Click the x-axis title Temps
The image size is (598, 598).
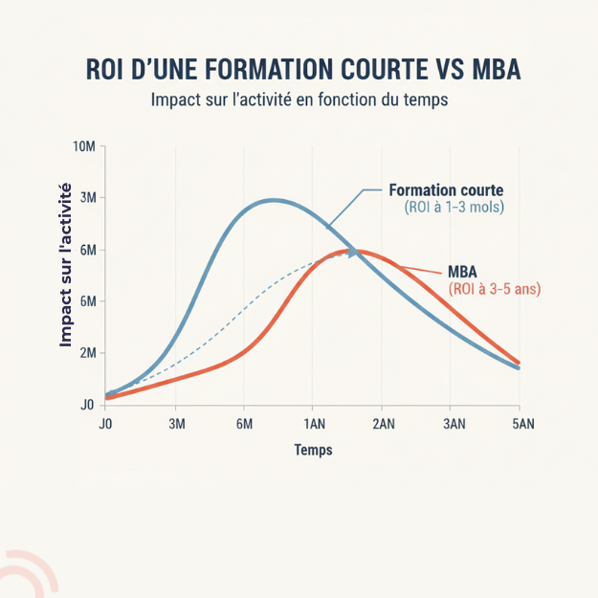313,450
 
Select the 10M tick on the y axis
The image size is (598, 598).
84,146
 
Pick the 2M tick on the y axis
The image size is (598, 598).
86,353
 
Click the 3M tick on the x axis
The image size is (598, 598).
177,424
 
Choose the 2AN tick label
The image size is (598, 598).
383,424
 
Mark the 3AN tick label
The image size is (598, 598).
453,424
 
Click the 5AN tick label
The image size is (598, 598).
521,424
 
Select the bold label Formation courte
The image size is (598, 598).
447,189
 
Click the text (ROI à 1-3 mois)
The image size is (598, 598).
454,207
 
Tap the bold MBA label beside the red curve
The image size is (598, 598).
464,271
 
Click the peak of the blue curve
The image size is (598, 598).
275,200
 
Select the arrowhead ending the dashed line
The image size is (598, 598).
352,253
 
